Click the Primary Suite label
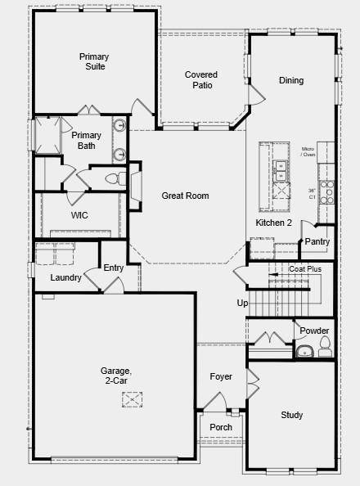point(93,61)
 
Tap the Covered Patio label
point(200,79)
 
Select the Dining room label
point(291,80)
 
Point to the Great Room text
point(185,196)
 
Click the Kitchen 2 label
point(274,223)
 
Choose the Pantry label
point(317,241)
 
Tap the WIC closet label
point(79,215)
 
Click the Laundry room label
point(65,277)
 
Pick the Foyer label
point(221,376)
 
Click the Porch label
point(221,427)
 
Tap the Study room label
point(292,415)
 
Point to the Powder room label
point(314,331)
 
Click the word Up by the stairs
point(242,303)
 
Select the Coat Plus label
point(305,268)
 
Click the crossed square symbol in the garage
point(133,398)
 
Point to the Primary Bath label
point(87,140)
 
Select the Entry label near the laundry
point(113,268)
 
